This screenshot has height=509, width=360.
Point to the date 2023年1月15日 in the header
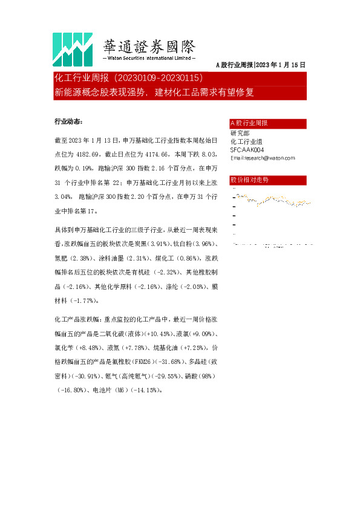click(281, 65)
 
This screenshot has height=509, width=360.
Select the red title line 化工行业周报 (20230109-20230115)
click(132, 79)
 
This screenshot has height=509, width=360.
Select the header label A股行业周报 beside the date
click(235, 65)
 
